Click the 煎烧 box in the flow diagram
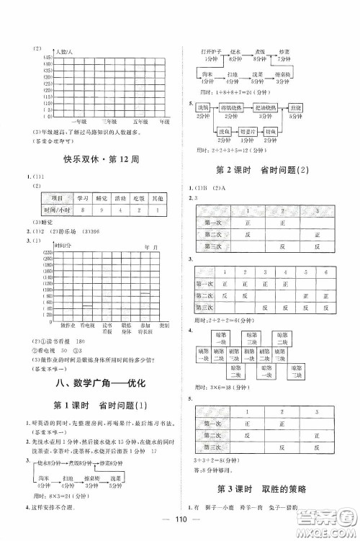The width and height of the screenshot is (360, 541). [x=295, y=108]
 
